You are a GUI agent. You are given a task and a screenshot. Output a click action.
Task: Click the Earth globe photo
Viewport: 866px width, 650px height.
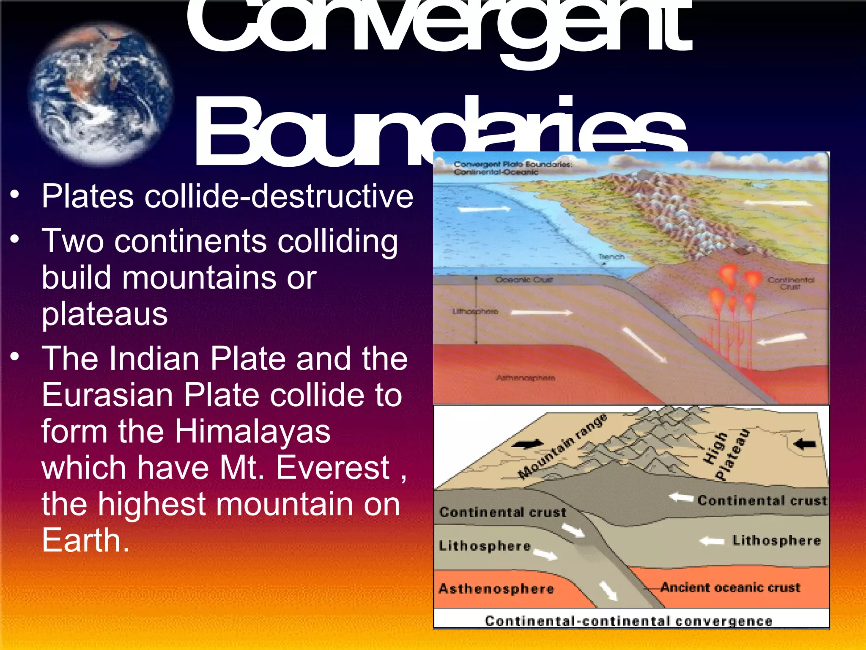[101, 94]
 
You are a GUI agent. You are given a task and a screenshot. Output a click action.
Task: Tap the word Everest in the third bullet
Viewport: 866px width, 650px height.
[333, 468]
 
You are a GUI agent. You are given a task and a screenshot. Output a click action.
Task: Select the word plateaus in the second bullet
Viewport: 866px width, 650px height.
[104, 314]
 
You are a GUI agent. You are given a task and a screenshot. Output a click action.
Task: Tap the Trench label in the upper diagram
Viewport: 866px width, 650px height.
[611, 257]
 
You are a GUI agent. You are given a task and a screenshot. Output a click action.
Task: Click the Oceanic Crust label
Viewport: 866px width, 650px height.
[524, 280]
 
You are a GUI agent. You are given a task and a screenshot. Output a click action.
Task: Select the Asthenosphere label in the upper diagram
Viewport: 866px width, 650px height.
[526, 378]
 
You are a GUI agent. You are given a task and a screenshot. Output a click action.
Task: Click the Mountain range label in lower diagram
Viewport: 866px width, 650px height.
[562, 446]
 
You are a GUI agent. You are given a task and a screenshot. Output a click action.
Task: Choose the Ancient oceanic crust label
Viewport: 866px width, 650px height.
[730, 587]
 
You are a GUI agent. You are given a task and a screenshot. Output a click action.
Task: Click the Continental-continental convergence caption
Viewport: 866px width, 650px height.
[628, 621]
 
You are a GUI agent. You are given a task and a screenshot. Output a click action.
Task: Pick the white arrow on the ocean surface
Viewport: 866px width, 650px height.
[484, 209]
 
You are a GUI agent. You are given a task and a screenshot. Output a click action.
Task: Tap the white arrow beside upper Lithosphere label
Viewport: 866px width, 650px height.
[542, 313]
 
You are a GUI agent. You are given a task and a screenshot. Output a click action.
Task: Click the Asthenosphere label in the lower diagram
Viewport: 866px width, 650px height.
[496, 589]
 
